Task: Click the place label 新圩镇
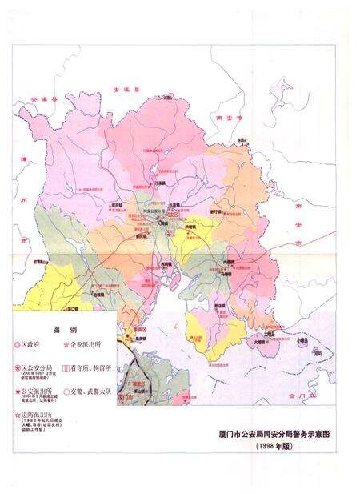[217, 201]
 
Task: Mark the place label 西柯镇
[166, 263]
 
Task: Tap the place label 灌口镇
[70, 307]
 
